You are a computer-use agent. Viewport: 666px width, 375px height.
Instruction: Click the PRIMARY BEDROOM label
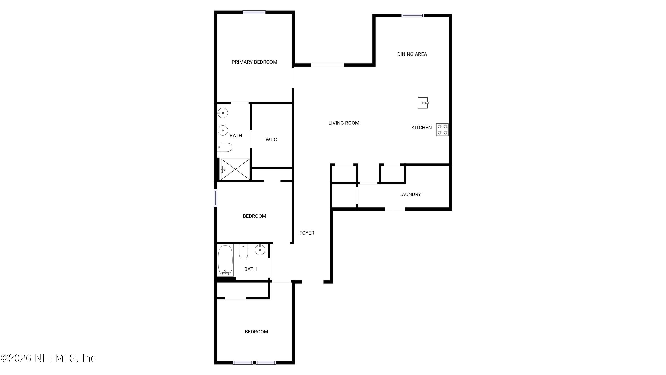tap(254, 62)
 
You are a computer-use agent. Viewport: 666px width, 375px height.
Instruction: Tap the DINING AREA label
tap(412, 54)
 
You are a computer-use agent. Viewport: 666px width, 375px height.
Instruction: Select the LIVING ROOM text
tap(344, 123)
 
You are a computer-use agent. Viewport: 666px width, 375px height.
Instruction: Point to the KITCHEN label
tap(421, 128)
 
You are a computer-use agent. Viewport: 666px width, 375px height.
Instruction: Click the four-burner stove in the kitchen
tap(442, 130)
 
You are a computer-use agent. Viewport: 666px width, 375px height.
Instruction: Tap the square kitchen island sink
tap(422, 103)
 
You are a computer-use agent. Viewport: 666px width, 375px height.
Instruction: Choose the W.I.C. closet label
tap(272, 140)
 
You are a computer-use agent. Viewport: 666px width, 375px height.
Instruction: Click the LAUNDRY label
tap(410, 194)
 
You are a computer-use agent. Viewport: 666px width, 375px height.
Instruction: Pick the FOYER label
tap(307, 233)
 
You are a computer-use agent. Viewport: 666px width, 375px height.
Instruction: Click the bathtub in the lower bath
tap(225, 260)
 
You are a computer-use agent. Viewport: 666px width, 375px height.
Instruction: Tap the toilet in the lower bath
tap(243, 252)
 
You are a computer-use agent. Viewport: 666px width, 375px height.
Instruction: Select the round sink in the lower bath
tap(260, 250)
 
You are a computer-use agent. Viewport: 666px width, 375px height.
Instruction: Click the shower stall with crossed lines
tap(235, 169)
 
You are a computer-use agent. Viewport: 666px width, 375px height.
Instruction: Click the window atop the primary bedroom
tap(254, 12)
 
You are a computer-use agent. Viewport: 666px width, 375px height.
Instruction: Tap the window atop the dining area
tap(412, 16)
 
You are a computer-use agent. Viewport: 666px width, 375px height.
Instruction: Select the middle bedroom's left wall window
tap(215, 198)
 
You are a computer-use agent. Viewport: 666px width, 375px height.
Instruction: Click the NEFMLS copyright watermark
tap(48, 358)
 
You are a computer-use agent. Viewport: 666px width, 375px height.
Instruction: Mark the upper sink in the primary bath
tap(222, 113)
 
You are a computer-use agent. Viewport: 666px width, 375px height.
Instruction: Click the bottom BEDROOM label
tap(256, 332)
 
